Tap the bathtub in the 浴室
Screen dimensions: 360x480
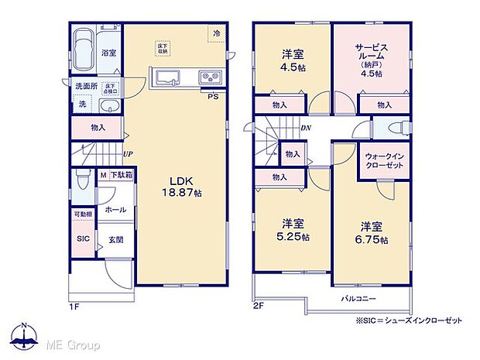pyautogui.click(x=84, y=45)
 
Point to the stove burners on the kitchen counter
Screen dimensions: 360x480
pyautogui.click(x=210, y=77)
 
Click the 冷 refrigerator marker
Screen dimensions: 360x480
pyautogui.click(x=217, y=33)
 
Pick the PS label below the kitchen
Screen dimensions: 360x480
pyautogui.click(x=212, y=96)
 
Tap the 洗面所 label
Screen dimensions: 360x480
pyautogui.click(x=86, y=86)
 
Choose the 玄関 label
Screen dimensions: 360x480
pyautogui.click(x=113, y=239)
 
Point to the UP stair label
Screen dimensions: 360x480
pyautogui.click(x=125, y=154)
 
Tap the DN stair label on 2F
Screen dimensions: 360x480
pyautogui.click(x=306, y=129)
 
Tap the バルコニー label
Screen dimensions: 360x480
pyautogui.click(x=358, y=298)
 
